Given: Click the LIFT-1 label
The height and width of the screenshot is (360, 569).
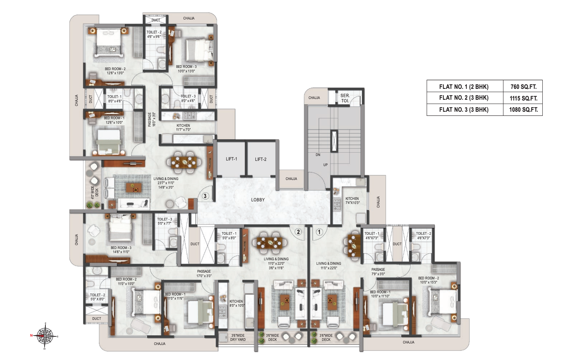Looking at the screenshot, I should pyautogui.click(x=231, y=159).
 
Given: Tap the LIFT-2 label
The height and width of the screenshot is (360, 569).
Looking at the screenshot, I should pyautogui.click(x=261, y=159).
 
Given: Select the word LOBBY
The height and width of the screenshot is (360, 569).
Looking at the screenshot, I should pyautogui.click(x=258, y=200).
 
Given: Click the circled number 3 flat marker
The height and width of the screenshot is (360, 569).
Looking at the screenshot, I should pyautogui.click(x=205, y=196).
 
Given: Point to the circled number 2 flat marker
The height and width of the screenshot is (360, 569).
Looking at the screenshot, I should pyautogui.click(x=299, y=232).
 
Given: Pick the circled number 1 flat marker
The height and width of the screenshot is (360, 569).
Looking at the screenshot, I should pyautogui.click(x=319, y=232).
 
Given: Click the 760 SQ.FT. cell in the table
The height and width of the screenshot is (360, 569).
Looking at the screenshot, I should pyautogui.click(x=523, y=87).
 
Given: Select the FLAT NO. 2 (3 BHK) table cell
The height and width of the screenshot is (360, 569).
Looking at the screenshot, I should pyautogui.click(x=464, y=98).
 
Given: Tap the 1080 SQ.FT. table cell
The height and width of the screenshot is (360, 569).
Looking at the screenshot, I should pyautogui.click(x=523, y=110).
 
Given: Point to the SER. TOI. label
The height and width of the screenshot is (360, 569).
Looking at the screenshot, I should pyautogui.click(x=345, y=98).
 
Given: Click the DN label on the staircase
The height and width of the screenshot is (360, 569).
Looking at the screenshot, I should pyautogui.click(x=318, y=155).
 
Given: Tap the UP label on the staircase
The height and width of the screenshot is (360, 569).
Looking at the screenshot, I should pyautogui.click(x=325, y=165).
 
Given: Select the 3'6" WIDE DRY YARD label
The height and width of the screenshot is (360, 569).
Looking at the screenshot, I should pyautogui.click(x=238, y=337).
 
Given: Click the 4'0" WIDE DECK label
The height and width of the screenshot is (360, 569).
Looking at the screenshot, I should pyautogui.click(x=95, y=191).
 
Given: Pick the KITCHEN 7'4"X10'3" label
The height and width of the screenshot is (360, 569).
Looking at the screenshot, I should pyautogui.click(x=352, y=201).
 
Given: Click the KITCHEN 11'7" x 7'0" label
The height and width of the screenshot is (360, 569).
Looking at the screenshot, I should pyautogui.click(x=183, y=127).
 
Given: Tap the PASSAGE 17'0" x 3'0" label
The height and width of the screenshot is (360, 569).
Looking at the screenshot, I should pyautogui.click(x=204, y=273).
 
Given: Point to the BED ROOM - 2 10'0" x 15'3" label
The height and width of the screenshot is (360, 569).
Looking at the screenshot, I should pyautogui.click(x=428, y=280).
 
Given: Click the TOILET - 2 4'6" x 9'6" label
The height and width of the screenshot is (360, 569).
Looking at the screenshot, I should pyautogui.click(x=154, y=34).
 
